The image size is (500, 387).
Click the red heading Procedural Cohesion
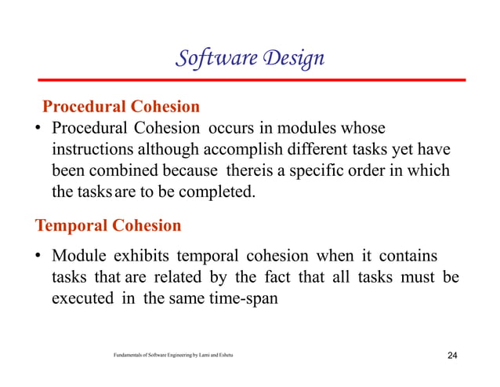click(121, 106)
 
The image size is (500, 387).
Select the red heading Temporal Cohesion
click(108, 226)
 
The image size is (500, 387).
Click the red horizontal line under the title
click(249, 80)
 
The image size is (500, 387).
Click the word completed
click(218, 191)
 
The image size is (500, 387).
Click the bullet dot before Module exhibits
click(38, 257)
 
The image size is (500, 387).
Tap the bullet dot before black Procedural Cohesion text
click(38, 128)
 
